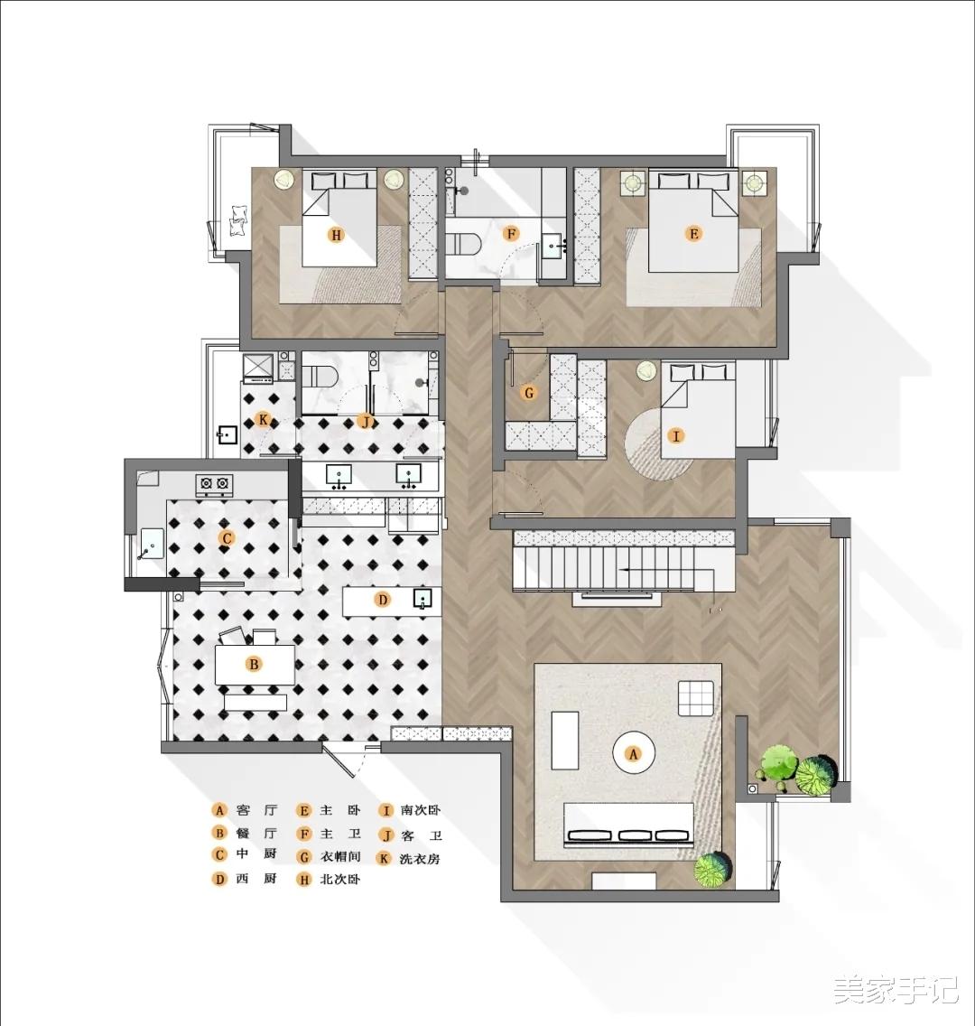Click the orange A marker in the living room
[632, 754]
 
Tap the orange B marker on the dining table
[255, 665]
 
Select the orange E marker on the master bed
[694, 234]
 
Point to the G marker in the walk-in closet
[529, 393]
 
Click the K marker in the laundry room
[263, 419]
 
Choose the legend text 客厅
[257, 811]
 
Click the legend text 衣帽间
[340, 856]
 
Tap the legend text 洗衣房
[420, 859]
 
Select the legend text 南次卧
[421, 811]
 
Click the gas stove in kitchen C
[215, 483]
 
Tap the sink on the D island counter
[422, 598]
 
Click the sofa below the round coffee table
[629, 825]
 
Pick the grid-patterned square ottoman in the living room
[696, 699]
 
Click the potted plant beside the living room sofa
[713, 869]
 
